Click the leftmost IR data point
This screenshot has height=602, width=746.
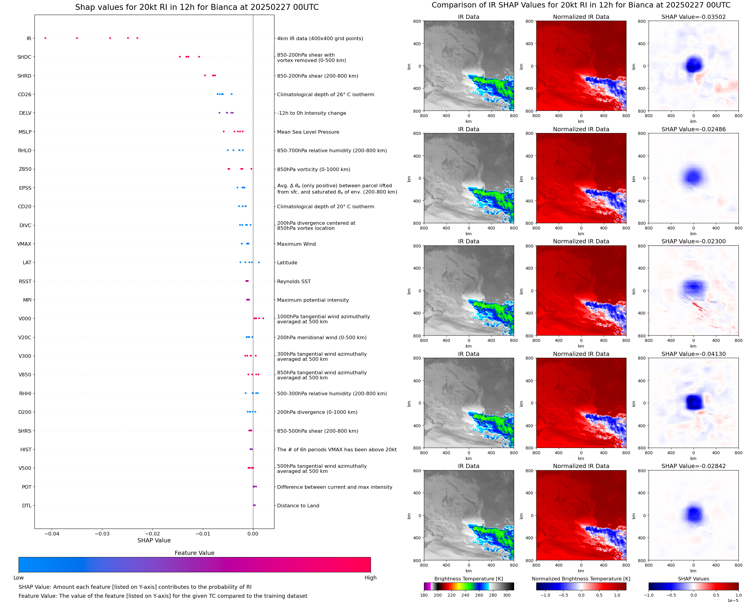pos(46,38)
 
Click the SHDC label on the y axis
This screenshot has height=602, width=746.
pos(24,57)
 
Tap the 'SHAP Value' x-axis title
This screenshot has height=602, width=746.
pos(154,540)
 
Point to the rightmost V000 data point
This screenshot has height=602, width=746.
pos(263,318)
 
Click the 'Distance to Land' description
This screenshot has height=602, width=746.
pos(298,506)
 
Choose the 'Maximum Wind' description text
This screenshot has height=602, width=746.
pos(296,244)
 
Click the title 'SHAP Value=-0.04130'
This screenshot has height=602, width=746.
pos(693,354)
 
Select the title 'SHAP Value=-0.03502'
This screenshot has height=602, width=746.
pos(693,17)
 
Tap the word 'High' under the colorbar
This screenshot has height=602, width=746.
pos(370,578)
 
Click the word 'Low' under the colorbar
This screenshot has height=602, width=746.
pos(19,578)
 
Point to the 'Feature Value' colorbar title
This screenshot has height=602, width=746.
pos(194,553)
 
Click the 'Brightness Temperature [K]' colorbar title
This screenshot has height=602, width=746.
pos(468,579)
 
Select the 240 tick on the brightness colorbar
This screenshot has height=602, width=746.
pos(465,595)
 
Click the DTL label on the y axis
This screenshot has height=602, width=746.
pos(27,506)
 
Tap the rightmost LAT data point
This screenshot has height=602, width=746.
pos(259,262)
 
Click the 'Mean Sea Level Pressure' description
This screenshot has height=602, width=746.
pos(308,132)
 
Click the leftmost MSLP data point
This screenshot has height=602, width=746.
pos(224,132)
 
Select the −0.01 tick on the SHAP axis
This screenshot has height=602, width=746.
pos(203,534)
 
